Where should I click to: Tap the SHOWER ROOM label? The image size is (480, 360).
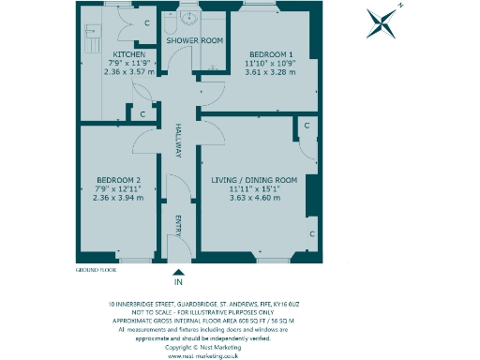(194, 41)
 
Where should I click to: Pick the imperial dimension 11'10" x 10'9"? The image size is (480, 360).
(269, 63)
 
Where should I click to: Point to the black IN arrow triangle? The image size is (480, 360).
(177, 270)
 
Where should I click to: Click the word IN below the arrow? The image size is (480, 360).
(177, 281)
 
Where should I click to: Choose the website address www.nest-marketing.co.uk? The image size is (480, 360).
(203, 355)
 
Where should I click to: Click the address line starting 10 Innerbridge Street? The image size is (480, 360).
(203, 304)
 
